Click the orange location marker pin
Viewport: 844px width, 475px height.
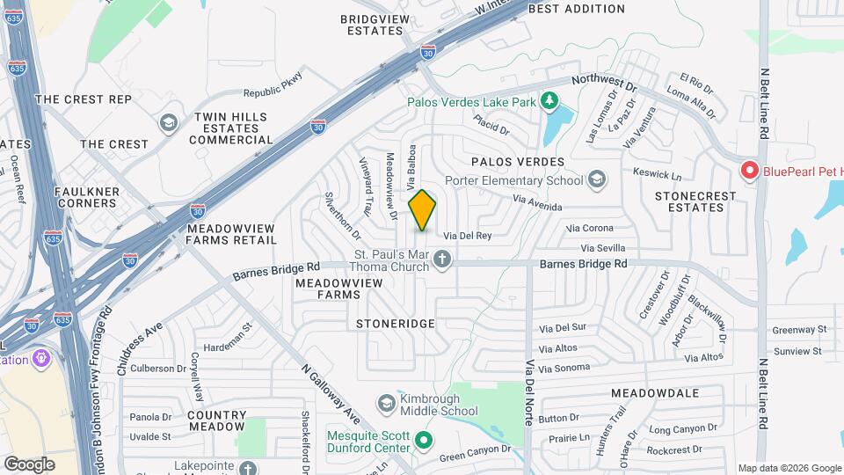(x=423, y=210)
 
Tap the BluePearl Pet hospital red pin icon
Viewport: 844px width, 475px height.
(x=750, y=170)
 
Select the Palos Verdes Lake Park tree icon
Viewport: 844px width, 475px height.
(x=549, y=101)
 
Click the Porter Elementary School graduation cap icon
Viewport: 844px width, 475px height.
(x=597, y=180)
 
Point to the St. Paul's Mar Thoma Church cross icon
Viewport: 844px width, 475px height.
(x=442, y=259)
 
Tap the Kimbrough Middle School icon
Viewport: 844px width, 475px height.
(x=386, y=403)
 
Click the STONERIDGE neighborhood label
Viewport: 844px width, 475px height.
(x=396, y=324)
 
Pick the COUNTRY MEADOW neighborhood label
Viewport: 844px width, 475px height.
(x=216, y=420)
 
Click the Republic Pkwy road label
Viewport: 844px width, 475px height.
(x=273, y=85)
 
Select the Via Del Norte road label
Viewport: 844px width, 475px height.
(x=529, y=391)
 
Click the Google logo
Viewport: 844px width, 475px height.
(x=29, y=464)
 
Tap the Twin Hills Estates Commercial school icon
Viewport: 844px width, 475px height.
(x=167, y=121)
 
